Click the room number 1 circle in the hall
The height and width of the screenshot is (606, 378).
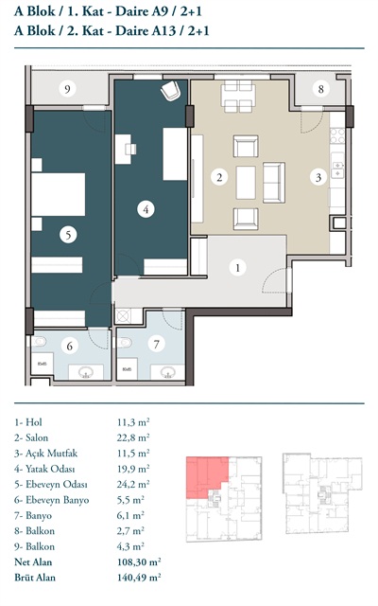pos(237,267)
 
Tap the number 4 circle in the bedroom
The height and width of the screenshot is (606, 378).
pos(146,209)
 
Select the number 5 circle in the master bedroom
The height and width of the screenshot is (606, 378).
pos(68,235)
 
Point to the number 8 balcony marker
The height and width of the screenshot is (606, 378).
pos(320,89)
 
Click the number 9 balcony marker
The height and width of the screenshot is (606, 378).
pos(67,89)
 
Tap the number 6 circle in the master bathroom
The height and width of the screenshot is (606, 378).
pos(69,346)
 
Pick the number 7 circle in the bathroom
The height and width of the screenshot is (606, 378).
pos(156,344)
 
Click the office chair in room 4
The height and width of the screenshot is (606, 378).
pos(170,91)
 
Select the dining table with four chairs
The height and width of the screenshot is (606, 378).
pos(238,97)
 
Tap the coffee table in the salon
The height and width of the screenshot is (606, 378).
pos(246,183)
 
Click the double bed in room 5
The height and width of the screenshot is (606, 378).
pos(59,194)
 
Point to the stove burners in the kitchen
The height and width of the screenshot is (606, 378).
pos(337,135)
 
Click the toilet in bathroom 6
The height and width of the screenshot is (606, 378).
pos(39,342)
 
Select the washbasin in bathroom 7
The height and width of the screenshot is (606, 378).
pos(167,372)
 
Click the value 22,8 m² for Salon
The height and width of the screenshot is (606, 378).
pos(133,437)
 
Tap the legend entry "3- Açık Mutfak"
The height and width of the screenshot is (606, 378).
pos(46,454)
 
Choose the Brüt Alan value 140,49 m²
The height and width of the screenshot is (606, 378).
pos(139,578)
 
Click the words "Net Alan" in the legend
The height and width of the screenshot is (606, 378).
pos(33,561)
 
